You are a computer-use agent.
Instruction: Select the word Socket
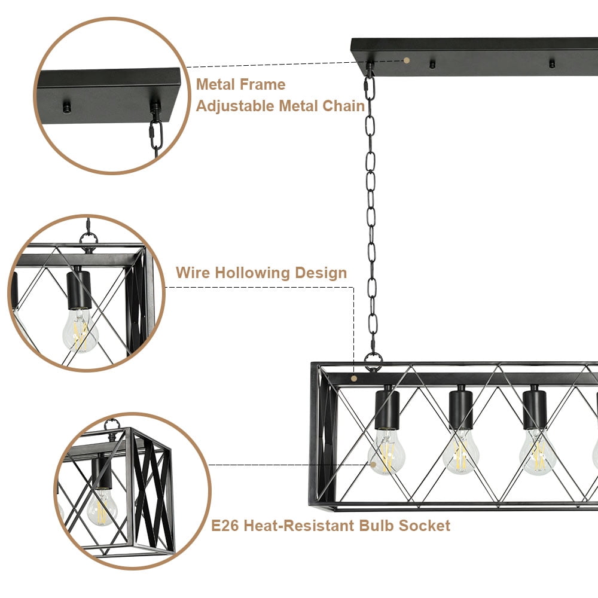pyautogui.click(x=426, y=526)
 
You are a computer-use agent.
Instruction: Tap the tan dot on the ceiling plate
pyautogui.click(x=407, y=60)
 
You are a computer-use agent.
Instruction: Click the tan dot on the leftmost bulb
pyautogui.click(x=373, y=463)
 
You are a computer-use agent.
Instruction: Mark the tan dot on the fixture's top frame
pyautogui.click(x=354, y=378)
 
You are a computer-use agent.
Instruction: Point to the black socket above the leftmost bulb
pyautogui.click(x=387, y=408)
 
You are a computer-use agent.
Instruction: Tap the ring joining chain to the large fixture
pyautogui.click(x=373, y=361)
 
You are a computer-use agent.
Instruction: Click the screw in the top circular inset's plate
pyautogui.click(x=67, y=108)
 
